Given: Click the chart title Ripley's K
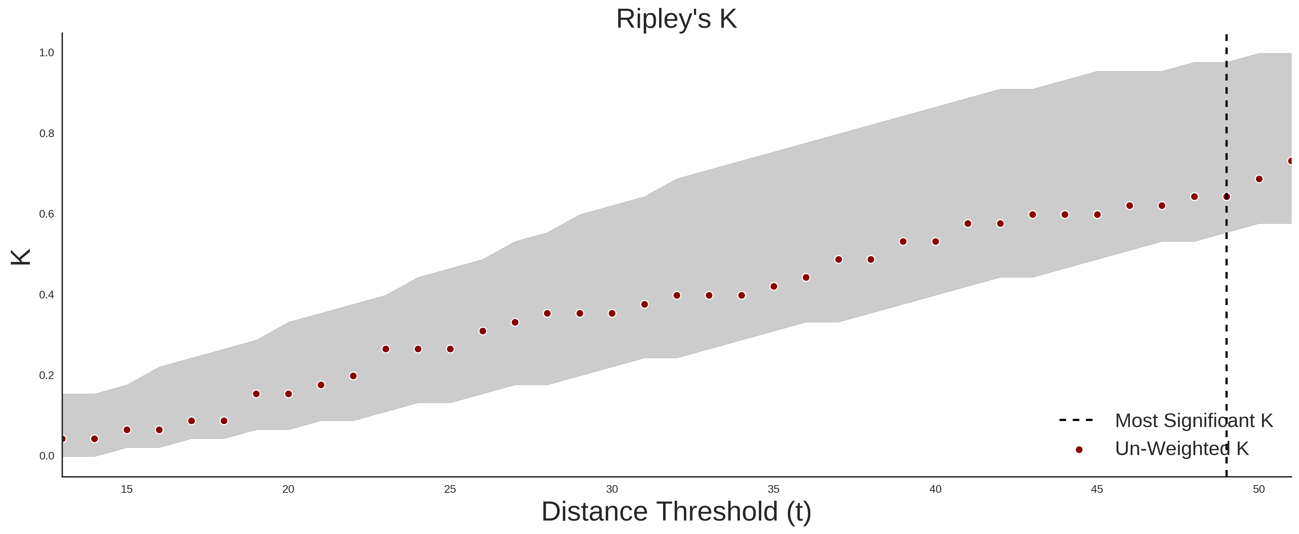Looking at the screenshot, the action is tap(676, 19).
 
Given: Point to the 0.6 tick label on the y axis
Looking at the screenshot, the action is tap(47, 214).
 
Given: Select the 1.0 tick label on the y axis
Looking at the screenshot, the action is tap(47, 53).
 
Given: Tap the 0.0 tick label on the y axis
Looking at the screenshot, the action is tap(47, 456).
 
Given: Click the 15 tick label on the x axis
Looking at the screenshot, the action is tap(127, 489).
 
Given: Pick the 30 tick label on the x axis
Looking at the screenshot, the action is tap(612, 489).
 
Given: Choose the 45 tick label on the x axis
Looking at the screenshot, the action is tap(1097, 489).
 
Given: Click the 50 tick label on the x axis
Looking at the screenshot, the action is tap(1259, 489).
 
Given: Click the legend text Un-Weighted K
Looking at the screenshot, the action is tap(1182, 448).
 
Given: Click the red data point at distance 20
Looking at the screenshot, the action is tap(288, 394).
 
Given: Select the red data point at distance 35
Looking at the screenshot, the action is tap(773, 287).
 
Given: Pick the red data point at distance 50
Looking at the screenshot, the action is tap(1259, 179).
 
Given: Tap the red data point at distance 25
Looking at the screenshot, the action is tap(450, 349).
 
